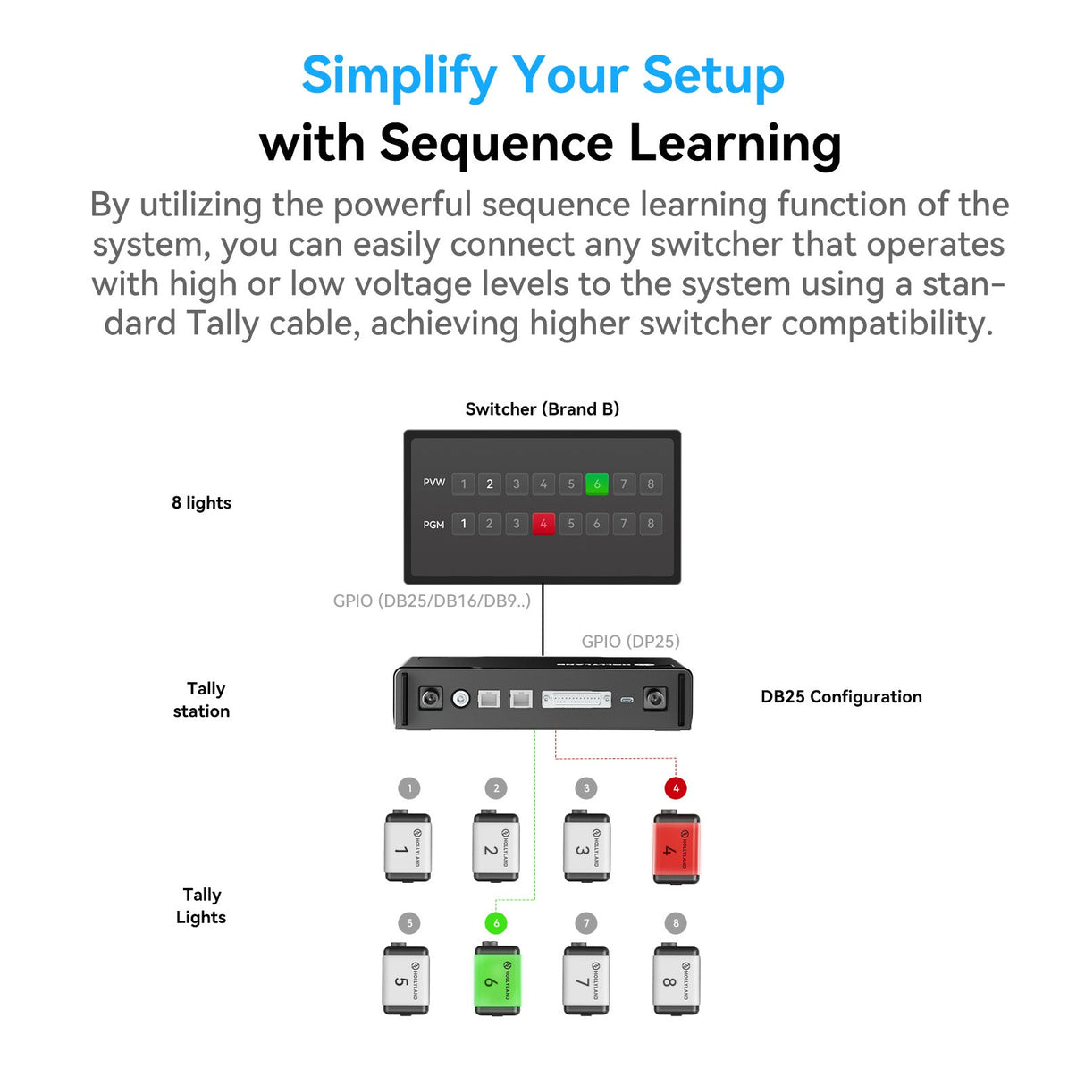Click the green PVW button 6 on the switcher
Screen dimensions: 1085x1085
[596, 484]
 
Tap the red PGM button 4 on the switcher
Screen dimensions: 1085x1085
[543, 524]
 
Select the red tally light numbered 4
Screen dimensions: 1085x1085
[676, 847]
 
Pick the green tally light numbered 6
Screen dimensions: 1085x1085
[496, 980]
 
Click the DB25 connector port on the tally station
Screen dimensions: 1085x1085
[576, 699]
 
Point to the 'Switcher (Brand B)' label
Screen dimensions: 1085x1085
[542, 409]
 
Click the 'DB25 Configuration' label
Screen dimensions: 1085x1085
[840, 697]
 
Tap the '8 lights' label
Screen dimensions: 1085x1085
[201, 503]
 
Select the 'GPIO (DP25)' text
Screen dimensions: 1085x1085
[630, 642]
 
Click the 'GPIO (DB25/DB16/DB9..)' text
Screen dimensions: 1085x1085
[432, 601]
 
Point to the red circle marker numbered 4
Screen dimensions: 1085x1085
[676, 788]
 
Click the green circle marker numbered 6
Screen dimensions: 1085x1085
[496, 923]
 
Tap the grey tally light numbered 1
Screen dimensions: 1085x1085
[408, 847]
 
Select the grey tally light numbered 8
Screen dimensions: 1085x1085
[676, 980]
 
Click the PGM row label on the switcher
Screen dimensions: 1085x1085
[433, 525]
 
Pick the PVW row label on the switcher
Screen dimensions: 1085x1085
[433, 483]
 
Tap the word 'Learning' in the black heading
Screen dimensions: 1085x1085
[735, 143]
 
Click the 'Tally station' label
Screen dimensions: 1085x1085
[202, 700]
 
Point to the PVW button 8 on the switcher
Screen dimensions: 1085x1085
[651, 484]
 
